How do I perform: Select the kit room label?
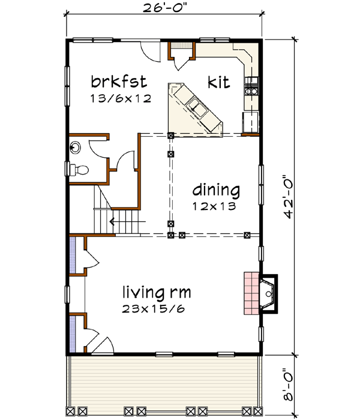pos(219,82)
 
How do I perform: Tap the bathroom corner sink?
pos(76,146)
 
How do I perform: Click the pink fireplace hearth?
pos(251,293)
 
